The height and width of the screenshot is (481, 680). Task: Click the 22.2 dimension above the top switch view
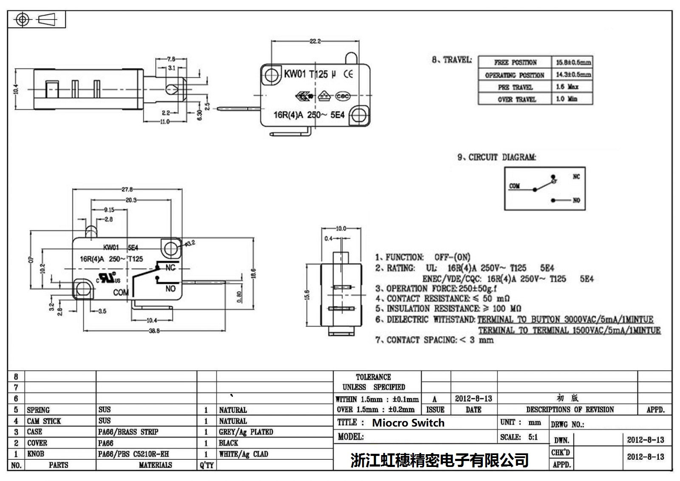[315, 41]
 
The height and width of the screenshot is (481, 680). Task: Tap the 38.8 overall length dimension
[154, 330]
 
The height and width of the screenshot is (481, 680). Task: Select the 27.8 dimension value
[127, 189]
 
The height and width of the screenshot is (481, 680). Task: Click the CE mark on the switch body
[348, 74]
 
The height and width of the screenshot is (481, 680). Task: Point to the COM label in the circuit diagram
[514, 186]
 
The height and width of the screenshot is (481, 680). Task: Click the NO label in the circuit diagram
[576, 200]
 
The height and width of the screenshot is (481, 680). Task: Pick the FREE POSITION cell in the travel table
[515, 63]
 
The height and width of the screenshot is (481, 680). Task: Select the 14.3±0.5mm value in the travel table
[573, 74]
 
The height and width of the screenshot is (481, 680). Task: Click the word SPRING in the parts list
[38, 410]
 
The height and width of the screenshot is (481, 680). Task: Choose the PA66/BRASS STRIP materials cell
[128, 432]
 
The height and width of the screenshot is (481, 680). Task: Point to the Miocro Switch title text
[408, 423]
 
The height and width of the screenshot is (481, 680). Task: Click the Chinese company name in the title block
[439, 460]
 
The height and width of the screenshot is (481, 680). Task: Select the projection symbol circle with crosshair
[22, 20]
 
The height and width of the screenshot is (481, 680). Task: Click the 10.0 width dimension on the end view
[341, 228]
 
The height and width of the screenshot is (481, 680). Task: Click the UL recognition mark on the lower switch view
[109, 277]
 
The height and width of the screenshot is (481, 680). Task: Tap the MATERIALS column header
[155, 465]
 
